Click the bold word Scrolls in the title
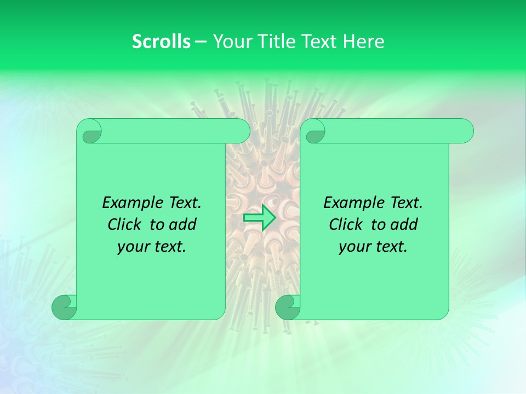[161, 42]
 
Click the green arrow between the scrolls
[259, 217]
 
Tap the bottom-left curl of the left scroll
[65, 308]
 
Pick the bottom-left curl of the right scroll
[288, 308]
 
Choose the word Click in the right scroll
[346, 225]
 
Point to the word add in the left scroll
[183, 225]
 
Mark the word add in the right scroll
[404, 225]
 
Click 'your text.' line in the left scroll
[152, 247]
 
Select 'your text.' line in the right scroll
[373, 247]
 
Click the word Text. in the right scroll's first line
[403, 203]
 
